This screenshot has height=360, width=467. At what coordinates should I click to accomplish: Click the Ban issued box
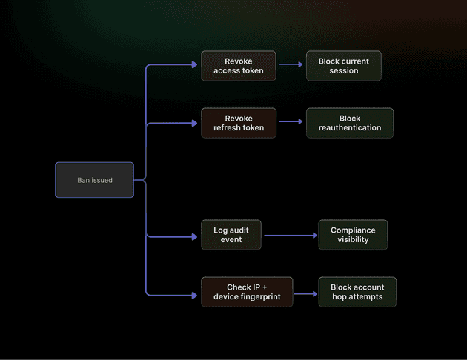coord(94,180)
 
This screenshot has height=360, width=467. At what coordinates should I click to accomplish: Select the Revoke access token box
coord(238,66)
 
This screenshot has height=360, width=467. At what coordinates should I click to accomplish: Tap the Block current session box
coord(343,66)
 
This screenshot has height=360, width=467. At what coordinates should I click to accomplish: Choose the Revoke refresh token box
coord(238,123)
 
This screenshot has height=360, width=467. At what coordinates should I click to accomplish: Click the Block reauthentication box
coord(349,123)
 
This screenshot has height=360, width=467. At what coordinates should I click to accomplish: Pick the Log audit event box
coord(231,235)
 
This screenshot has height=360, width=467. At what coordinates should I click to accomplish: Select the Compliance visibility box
coord(353,235)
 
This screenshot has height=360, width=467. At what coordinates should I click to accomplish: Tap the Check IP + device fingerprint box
coord(247,292)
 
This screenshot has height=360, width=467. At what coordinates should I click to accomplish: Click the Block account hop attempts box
coord(357,292)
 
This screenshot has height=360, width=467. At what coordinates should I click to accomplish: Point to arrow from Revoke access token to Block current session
coord(291,65)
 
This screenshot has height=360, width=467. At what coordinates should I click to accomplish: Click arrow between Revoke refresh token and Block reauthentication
coord(291,122)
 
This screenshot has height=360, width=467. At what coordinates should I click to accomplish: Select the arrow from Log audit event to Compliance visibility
coord(291,236)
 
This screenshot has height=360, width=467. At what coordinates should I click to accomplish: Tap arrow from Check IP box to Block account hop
coord(305,293)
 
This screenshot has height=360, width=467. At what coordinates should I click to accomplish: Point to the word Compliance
coord(353,230)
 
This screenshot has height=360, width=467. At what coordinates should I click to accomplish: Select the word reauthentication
coord(349,128)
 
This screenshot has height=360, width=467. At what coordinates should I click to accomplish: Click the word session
coord(343,71)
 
